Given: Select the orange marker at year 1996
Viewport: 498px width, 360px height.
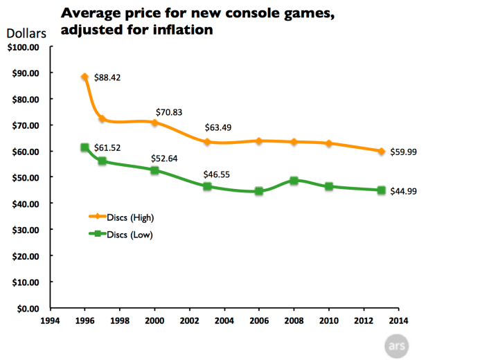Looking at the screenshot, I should pyautogui.click(x=85, y=78).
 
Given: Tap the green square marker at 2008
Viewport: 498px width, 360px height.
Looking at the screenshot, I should pyautogui.click(x=294, y=181).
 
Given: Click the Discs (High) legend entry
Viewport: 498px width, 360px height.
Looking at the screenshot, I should pyautogui.click(x=130, y=217).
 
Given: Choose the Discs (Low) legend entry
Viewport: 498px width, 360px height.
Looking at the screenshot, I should pyautogui.click(x=130, y=235).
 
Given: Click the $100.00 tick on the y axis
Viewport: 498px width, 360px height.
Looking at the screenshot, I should pyautogui.click(x=22, y=47).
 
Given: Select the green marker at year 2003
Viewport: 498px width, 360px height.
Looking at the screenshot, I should pyautogui.click(x=207, y=186).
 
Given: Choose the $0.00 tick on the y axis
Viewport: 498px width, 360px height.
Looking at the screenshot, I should pyautogui.click(x=26, y=309).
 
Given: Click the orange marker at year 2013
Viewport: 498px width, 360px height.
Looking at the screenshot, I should pyautogui.click(x=382, y=151).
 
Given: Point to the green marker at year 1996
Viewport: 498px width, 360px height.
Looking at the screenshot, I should pyautogui.click(x=85, y=147).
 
